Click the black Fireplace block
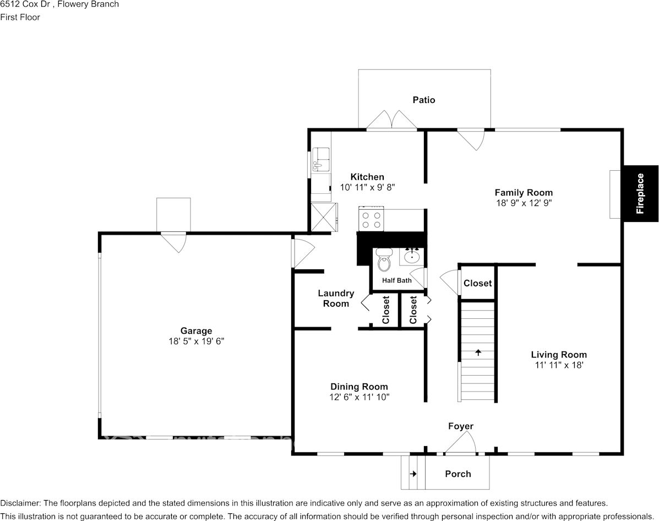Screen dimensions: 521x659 (640, 193)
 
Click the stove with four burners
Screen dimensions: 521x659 (371, 220)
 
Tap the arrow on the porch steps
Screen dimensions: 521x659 (413, 474)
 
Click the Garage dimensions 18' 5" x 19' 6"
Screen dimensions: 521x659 (196, 341)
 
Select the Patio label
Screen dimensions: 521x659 (424, 100)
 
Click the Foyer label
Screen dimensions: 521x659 (460, 426)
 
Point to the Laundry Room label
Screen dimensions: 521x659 (336, 299)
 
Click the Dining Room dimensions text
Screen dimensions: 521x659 (360, 397)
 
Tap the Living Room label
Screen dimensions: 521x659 (558, 355)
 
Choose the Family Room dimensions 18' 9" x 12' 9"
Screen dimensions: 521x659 (524, 203)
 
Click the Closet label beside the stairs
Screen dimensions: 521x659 (477, 283)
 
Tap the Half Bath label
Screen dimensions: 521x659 (397, 280)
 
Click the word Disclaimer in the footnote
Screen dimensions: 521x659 (20, 503)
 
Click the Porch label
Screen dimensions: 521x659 (458, 474)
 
